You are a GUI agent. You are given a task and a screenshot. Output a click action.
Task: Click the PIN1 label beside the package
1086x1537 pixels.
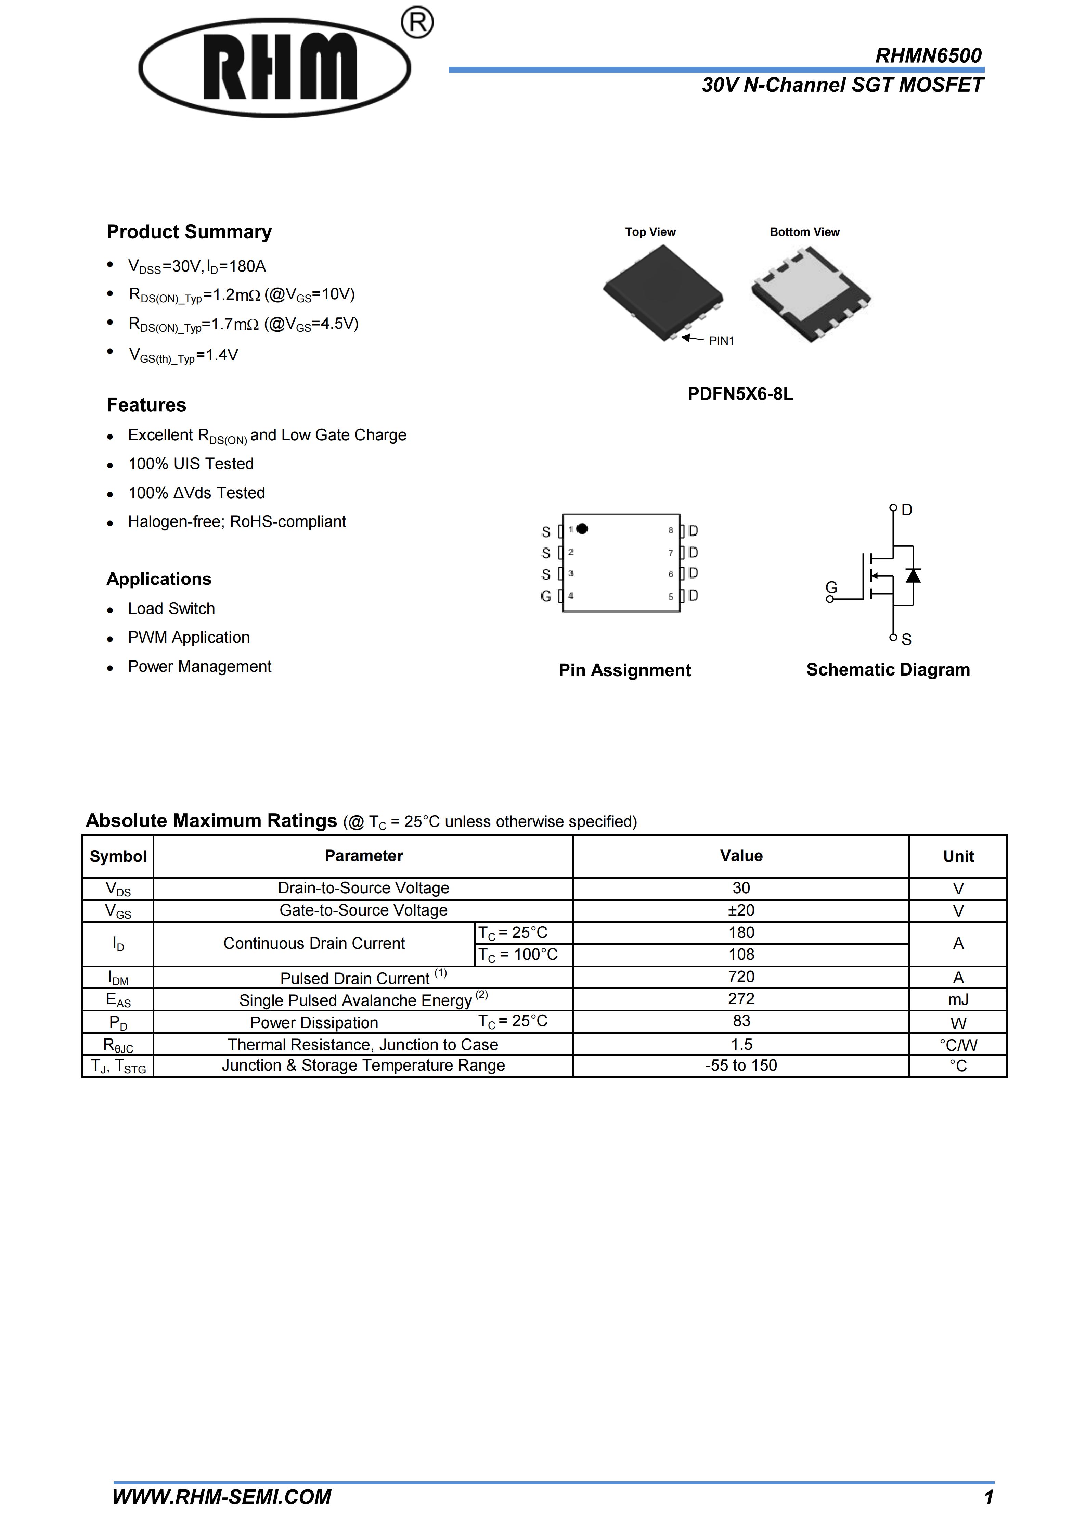721,341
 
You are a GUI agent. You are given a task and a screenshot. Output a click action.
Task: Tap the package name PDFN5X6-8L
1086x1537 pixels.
740,394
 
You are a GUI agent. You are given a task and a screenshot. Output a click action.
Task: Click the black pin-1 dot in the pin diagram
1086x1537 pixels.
582,529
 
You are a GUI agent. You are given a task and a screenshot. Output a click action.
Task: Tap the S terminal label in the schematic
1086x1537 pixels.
907,640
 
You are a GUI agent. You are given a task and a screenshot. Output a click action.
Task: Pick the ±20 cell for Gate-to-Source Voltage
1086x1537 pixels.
741,910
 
